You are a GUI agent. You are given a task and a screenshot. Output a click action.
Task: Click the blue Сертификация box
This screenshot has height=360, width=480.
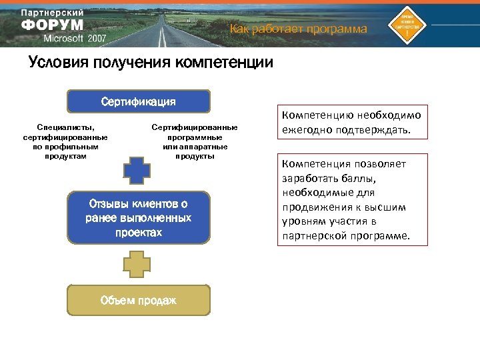coord(138,102)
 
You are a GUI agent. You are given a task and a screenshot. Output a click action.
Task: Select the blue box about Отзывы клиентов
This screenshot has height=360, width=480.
coord(138,218)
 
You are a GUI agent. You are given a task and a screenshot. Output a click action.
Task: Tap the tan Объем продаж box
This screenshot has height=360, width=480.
coord(138,301)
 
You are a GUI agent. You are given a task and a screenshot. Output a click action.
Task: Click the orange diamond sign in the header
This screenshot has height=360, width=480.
coord(411,23)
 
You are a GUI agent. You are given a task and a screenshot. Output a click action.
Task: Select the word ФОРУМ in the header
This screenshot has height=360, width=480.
coord(53,25)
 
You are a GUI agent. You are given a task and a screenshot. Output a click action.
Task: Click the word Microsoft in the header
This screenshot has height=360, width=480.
coord(63,39)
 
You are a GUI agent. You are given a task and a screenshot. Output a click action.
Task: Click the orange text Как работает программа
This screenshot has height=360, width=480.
coord(298,29)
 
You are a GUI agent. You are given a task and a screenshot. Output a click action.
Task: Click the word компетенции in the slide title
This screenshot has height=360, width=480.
coord(223,63)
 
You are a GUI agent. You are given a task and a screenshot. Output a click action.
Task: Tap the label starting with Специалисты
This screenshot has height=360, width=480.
coord(65,141)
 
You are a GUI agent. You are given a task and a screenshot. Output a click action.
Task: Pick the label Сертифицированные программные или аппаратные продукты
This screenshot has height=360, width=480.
coord(195,141)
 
